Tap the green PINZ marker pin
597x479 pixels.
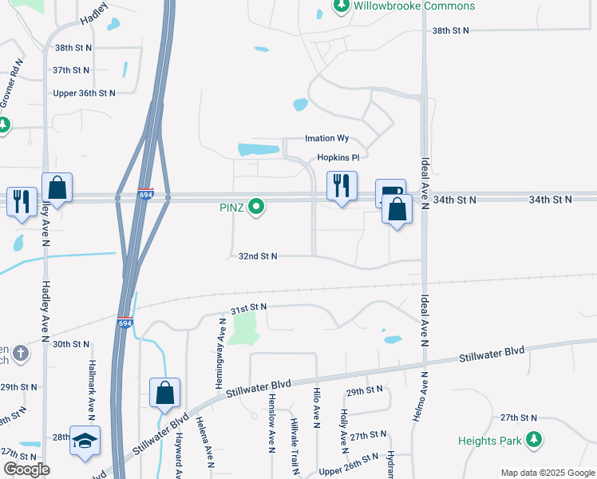point(256,208)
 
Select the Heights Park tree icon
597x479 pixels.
point(534,439)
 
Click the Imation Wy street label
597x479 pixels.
point(327,139)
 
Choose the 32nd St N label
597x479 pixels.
point(258,256)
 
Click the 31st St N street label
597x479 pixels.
point(248,307)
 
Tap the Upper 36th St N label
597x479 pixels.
point(84,93)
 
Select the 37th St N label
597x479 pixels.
point(72,70)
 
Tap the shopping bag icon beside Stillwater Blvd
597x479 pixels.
point(164,392)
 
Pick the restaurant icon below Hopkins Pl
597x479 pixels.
point(342,186)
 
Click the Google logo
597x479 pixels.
point(26,469)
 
